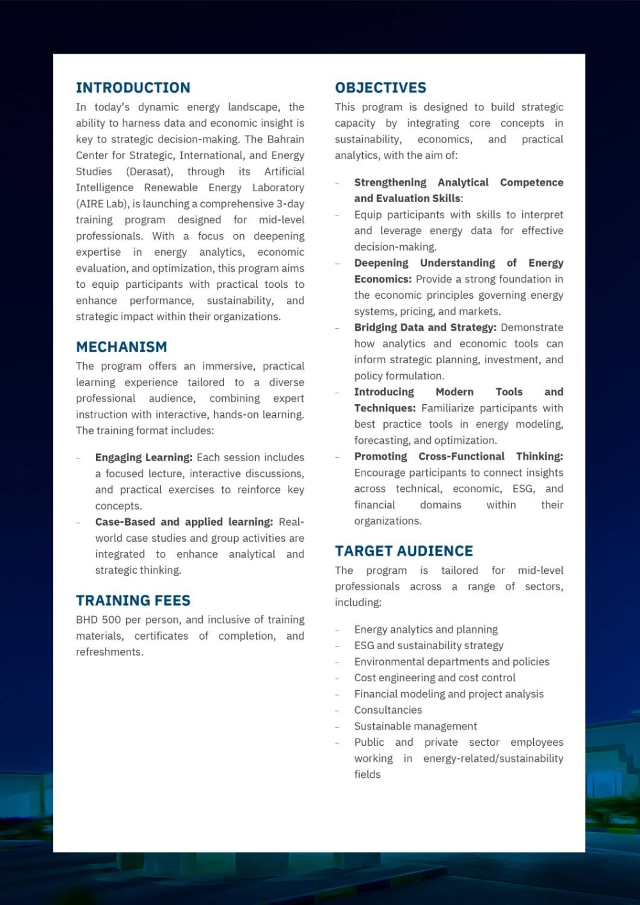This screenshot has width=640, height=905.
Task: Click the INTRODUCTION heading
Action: tap(133, 88)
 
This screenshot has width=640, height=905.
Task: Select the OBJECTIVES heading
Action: tap(380, 88)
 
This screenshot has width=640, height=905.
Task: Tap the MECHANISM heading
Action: tap(122, 347)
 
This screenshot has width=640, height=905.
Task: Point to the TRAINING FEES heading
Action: tap(133, 601)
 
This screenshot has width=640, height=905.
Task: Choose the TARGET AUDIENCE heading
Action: tap(404, 551)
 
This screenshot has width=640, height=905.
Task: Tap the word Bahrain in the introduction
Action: tap(285, 139)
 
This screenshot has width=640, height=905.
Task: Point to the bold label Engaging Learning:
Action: tap(143, 457)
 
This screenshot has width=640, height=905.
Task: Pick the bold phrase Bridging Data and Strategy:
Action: tap(425, 327)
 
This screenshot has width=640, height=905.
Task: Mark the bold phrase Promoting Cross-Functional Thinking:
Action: tap(458, 456)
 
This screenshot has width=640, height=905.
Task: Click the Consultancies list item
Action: tap(388, 710)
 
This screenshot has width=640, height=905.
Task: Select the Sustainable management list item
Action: tap(415, 726)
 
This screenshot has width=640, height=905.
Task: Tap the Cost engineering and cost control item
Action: tap(435, 677)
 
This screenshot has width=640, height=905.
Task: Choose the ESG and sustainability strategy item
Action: tap(429, 645)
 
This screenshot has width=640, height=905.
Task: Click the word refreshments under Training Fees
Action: tap(109, 652)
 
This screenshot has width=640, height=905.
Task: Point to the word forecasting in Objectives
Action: tap(381, 440)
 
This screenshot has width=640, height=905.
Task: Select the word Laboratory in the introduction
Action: tap(278, 187)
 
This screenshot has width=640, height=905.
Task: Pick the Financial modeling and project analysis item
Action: tap(449, 694)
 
